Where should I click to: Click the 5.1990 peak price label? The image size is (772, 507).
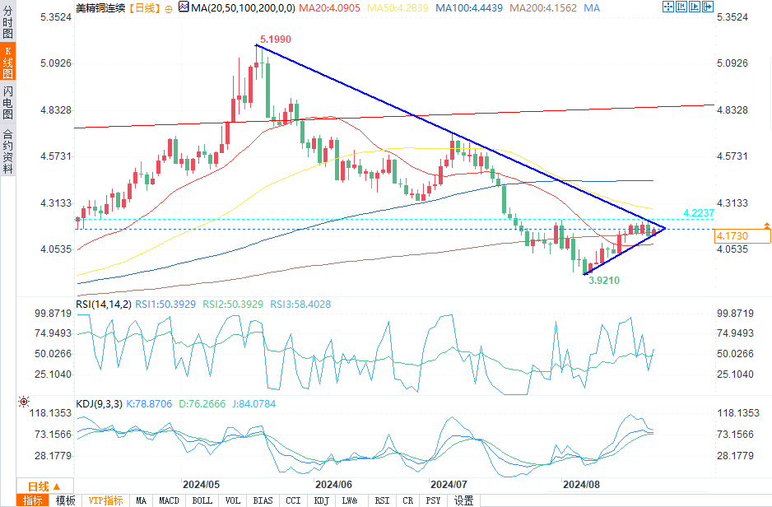click(x=275, y=39)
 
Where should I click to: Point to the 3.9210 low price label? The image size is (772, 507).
click(x=603, y=280)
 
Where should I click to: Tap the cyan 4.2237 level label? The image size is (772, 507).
click(x=699, y=213)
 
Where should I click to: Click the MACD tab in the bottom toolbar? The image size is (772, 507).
click(x=169, y=500)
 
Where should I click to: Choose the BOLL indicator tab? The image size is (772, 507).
click(x=202, y=500)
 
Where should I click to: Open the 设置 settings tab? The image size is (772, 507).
click(x=463, y=500)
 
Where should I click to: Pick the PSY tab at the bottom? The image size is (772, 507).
click(x=433, y=500)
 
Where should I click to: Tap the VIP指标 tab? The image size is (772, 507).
click(x=105, y=500)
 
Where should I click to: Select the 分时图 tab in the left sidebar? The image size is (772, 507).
click(x=7, y=24)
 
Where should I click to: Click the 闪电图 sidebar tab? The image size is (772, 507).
click(x=7, y=101)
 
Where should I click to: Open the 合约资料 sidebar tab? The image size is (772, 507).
click(x=7, y=151)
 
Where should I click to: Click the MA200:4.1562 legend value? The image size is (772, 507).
click(x=543, y=7)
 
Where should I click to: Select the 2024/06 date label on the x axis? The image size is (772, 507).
click(x=333, y=484)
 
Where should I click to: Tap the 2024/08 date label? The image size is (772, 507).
click(x=580, y=484)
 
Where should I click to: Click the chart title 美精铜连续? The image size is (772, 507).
click(x=100, y=7)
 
